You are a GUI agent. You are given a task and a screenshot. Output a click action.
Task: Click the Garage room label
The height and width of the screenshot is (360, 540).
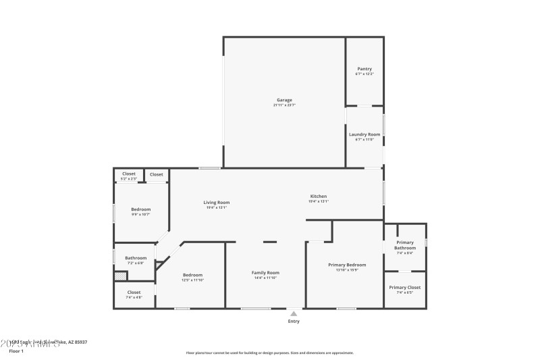tap(284, 100)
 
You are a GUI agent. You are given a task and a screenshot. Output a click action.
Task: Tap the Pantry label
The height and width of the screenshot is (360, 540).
tap(364, 69)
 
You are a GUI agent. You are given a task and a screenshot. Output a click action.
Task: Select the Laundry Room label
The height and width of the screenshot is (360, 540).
tap(364, 134)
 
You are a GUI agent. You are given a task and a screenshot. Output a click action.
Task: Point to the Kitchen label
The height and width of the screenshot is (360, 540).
tap(318, 197)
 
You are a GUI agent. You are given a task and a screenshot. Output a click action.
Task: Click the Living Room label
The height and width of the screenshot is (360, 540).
tap(217, 203)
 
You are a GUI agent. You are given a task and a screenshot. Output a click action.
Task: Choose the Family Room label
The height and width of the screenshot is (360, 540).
tap(267, 273)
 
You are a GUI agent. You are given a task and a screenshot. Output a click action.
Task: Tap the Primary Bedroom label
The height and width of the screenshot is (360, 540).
tap(347, 265)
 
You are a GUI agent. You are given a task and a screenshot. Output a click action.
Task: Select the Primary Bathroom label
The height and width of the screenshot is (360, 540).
tap(405, 245)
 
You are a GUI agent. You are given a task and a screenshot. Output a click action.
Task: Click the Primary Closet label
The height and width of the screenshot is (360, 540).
tap(405, 288)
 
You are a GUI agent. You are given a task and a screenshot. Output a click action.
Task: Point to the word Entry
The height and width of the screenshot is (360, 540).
tap(294, 322)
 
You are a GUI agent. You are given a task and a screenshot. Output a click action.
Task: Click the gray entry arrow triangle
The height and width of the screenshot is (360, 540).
tap(294, 313)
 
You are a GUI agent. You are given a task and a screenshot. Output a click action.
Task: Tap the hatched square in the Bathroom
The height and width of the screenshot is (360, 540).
tap(120, 276)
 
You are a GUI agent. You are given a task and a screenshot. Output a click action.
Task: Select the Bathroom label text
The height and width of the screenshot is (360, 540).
tap(136, 258)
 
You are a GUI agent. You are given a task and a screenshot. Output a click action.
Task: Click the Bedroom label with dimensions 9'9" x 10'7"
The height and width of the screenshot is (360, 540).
tap(140, 209)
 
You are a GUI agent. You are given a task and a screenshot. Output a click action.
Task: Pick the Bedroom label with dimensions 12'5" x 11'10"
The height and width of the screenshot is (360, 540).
tap(192, 275)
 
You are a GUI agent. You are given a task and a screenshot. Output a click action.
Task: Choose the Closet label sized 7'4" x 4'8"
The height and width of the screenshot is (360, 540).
tap(134, 292)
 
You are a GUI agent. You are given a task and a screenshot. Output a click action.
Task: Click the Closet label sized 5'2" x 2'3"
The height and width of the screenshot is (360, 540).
tap(129, 174)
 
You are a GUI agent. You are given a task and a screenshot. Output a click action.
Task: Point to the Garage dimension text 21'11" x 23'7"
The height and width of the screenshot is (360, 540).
tap(284, 105)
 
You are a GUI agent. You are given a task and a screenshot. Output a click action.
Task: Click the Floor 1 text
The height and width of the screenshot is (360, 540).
tap(16, 351)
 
